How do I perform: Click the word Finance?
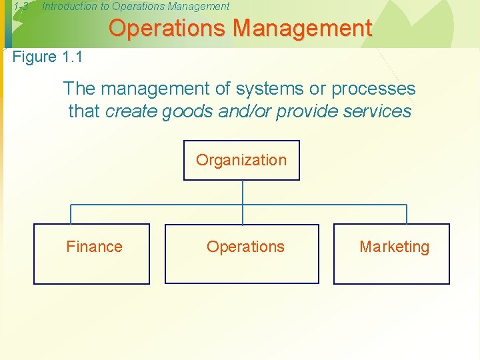[94, 247]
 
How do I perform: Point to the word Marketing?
[395, 247]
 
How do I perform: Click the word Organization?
[241, 160]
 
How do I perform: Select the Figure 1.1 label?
[47, 57]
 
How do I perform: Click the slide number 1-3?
[21, 7]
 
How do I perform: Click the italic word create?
[129, 111]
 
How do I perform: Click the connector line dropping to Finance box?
[71, 214]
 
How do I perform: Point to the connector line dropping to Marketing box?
[406, 214]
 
